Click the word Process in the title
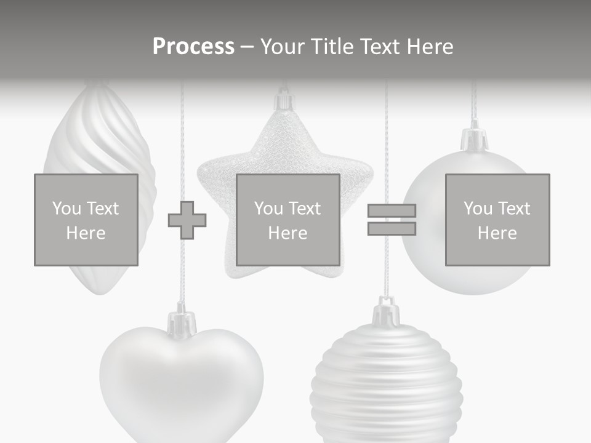[x=193, y=47]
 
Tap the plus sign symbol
[x=187, y=220]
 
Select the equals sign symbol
[x=392, y=220]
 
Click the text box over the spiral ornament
[x=86, y=220]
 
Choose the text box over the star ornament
[x=287, y=220]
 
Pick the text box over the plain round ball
[x=497, y=220]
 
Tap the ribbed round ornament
[x=386, y=388]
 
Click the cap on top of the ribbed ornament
[x=386, y=313]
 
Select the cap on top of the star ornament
[x=284, y=102]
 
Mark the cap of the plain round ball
[x=475, y=139]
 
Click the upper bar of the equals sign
[x=392, y=210]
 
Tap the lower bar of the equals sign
[x=392, y=229]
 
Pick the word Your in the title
[x=282, y=47]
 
